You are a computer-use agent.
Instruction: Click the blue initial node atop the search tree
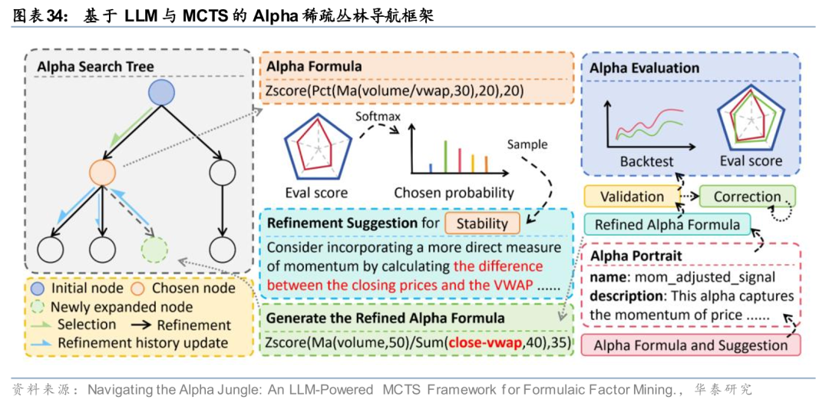coord(161,93)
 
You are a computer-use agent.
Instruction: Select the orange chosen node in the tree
coord(102,171)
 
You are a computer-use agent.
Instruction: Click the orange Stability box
coord(482,223)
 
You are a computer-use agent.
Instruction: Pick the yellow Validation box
coord(632,197)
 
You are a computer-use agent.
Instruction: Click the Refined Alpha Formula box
coord(667,224)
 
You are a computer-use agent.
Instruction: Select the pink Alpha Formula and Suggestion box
coord(691,345)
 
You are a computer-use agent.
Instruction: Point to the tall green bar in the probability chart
coord(445,156)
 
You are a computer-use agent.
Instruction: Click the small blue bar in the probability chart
coord(431,167)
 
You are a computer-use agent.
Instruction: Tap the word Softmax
coord(376,114)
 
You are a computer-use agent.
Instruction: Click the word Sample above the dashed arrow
coord(527,144)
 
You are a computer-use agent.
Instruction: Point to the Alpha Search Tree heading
coord(95,68)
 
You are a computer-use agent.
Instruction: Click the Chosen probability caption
coord(454,193)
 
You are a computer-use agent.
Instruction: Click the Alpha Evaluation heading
coord(644,68)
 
